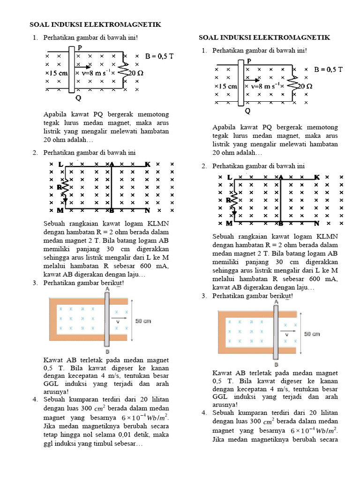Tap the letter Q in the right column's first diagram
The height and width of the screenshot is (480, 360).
(x=247, y=111)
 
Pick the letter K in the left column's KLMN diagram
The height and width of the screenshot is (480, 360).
(x=147, y=165)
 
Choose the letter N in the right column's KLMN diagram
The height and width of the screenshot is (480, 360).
(x=317, y=224)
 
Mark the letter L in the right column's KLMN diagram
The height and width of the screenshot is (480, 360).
(x=230, y=177)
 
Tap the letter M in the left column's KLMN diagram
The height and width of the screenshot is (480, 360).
(x=60, y=211)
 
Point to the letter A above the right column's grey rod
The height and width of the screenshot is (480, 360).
(x=276, y=302)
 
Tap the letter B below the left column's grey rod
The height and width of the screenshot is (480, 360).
(x=107, y=352)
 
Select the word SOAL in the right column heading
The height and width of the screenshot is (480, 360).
(x=210, y=37)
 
